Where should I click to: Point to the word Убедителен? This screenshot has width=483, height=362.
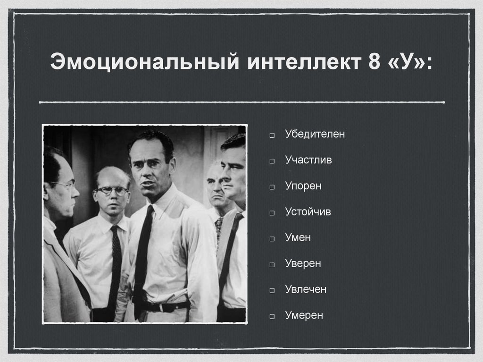click(x=315, y=134)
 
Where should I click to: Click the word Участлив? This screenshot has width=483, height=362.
click(x=308, y=160)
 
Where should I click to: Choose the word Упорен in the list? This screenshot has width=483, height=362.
click(x=303, y=186)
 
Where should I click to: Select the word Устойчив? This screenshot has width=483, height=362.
click(x=308, y=212)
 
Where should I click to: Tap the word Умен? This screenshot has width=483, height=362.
click(x=298, y=238)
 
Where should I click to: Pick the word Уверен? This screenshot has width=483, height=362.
click(x=303, y=263)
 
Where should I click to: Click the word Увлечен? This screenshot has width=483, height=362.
click(x=305, y=289)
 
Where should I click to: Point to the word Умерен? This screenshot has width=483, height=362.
click(x=304, y=315)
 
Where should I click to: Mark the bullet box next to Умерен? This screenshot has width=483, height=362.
click(x=273, y=316)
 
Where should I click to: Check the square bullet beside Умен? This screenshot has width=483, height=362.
click(x=273, y=239)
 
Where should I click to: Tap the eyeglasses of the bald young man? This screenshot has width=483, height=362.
click(x=112, y=191)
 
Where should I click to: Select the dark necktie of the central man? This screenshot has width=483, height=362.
click(x=142, y=255)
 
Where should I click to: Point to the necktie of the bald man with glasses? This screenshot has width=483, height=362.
click(x=115, y=264)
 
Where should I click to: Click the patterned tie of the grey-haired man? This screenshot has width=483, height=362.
click(x=218, y=229)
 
